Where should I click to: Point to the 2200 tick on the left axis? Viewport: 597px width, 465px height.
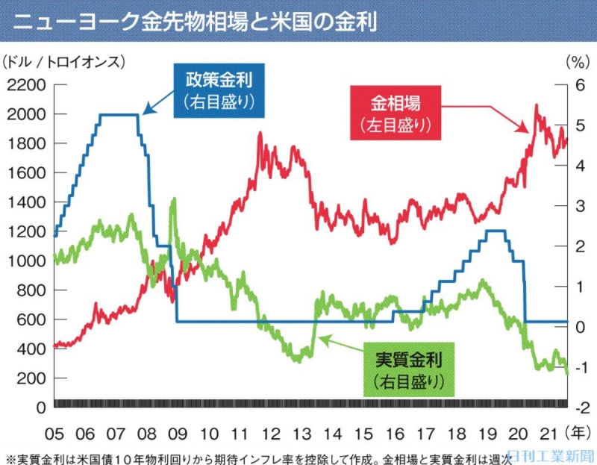[25, 84]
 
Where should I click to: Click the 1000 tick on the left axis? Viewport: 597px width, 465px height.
[25, 260]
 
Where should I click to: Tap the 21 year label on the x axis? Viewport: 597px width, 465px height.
[548, 434]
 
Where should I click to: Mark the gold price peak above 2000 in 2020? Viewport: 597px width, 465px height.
[536, 106]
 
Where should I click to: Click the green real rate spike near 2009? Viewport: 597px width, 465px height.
[174, 199]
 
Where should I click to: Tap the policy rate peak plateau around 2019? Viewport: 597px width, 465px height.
[494, 231]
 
